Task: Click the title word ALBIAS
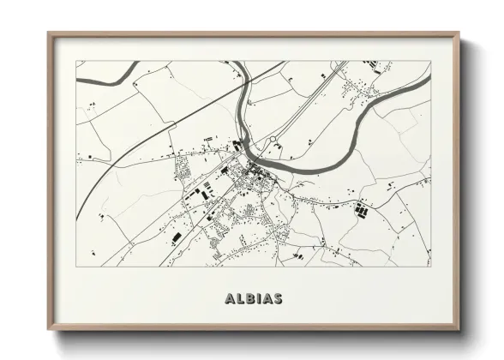tap(252, 299)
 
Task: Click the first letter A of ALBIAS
tap(228, 299)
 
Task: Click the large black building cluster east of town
tap(362, 208)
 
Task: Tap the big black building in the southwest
tap(177, 233)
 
